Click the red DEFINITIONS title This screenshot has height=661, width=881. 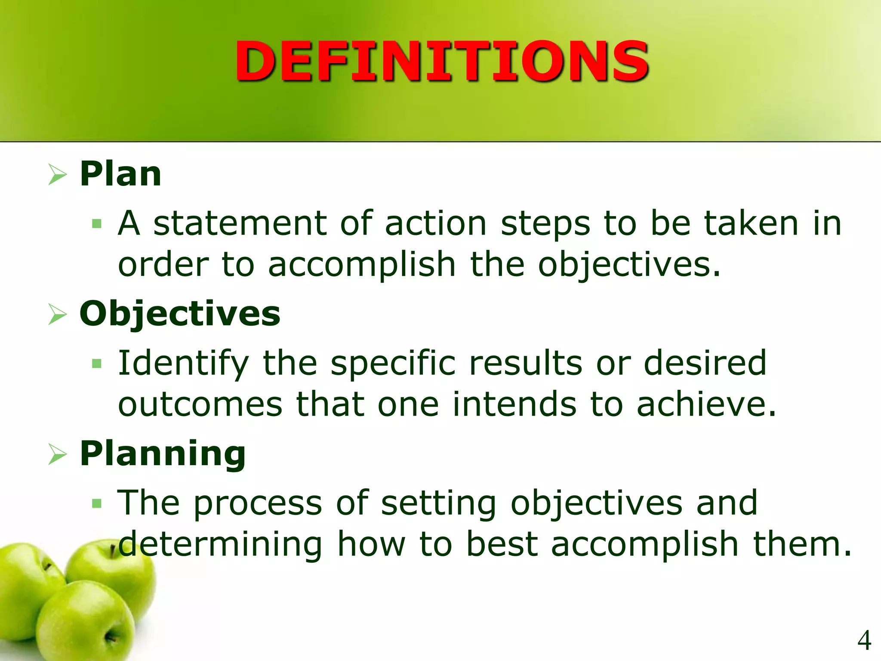pyautogui.click(x=441, y=61)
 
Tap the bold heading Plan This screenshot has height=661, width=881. pyautogui.click(x=120, y=174)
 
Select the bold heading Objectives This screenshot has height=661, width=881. pyautogui.click(x=180, y=314)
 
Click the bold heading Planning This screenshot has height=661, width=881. pyautogui.click(x=163, y=454)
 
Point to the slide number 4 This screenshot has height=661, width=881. pyautogui.click(x=864, y=640)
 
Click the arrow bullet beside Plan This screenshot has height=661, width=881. pyautogui.click(x=57, y=175)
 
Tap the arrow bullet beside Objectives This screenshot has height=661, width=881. pyautogui.click(x=57, y=314)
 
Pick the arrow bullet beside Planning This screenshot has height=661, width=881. pyautogui.click(x=57, y=454)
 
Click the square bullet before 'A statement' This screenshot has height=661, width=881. pyautogui.click(x=97, y=224)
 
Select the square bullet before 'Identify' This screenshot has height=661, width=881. pyautogui.click(x=97, y=364)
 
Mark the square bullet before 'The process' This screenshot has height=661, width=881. pyautogui.click(x=97, y=503)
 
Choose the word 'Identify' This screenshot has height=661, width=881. pyautogui.click(x=183, y=364)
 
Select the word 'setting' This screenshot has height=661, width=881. pyautogui.click(x=438, y=503)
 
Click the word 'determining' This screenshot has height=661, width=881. pyautogui.click(x=220, y=544)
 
